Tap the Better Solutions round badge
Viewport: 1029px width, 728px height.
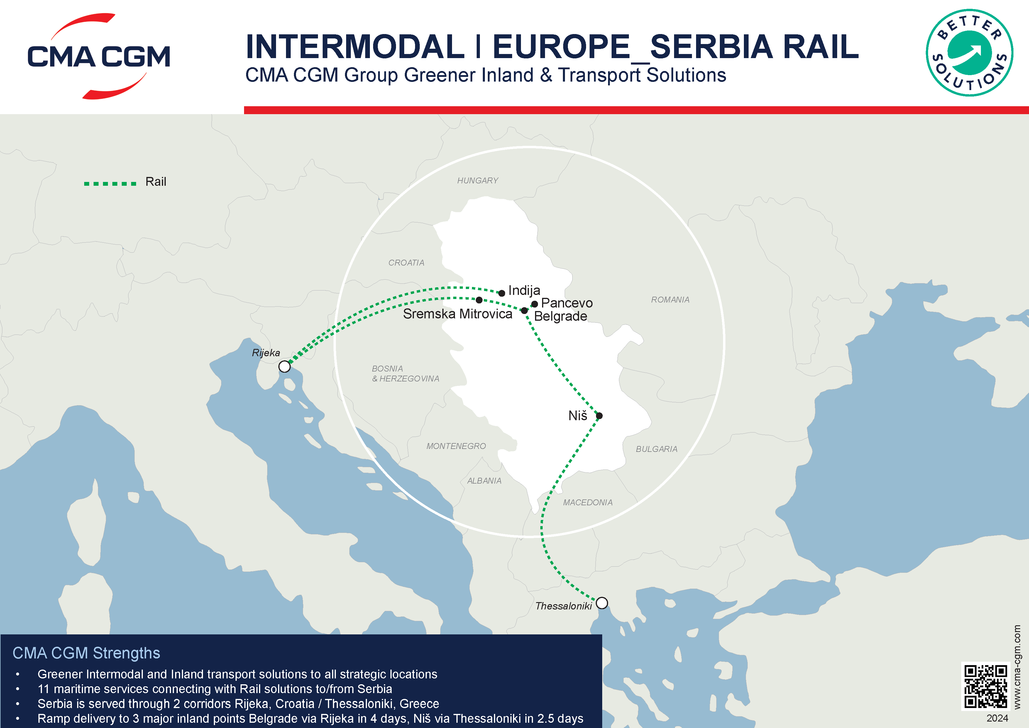[969, 53]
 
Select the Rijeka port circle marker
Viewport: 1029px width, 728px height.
[284, 366]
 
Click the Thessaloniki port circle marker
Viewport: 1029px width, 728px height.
[602, 603]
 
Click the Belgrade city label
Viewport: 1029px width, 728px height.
[560, 317]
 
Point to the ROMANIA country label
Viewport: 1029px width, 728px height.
[670, 300]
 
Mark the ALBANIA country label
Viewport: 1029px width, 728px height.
[484, 481]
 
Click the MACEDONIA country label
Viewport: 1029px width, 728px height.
[588, 503]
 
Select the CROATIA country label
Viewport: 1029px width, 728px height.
[406, 263]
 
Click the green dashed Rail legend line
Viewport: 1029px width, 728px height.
[110, 183]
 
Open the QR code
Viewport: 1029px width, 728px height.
[986, 687]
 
